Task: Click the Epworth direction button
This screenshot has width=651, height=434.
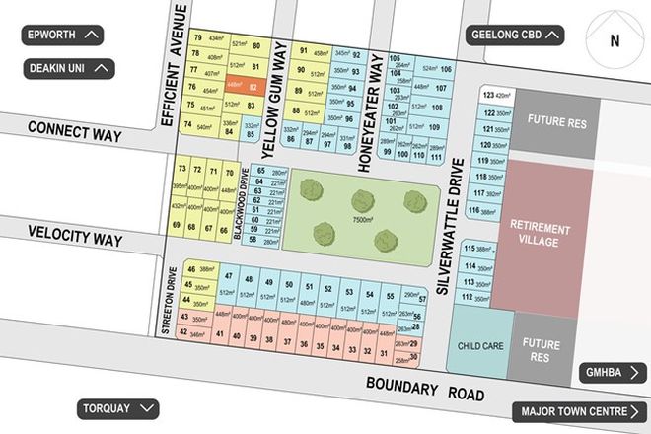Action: point(63,36)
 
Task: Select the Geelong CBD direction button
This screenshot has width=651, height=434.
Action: point(516,36)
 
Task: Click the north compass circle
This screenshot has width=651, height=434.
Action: point(614,41)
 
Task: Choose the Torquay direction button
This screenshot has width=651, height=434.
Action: point(117,407)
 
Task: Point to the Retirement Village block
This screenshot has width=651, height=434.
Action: point(541,235)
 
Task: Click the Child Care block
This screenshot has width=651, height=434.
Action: point(482,346)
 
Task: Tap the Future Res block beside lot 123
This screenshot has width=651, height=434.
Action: point(556,122)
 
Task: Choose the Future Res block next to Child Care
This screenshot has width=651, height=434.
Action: point(542,351)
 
